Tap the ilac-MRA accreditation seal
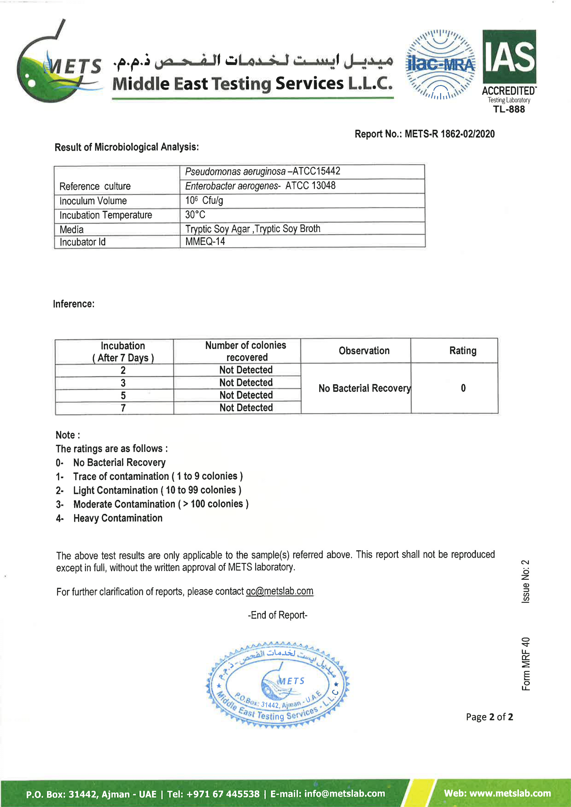tap(440, 64)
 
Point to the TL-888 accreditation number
tap(509, 109)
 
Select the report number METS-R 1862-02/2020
tap(424, 134)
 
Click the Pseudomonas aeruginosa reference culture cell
tap(262, 172)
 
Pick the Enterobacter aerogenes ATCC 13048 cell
tap(260, 186)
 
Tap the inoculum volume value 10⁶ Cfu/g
tap(204, 201)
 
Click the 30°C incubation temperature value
tap(195, 215)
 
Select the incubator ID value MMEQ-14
tap(205, 242)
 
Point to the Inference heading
tap(74, 304)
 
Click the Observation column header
tap(364, 351)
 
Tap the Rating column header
tap(463, 351)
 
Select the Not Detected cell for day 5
tap(246, 395)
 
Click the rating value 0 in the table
tap(463, 388)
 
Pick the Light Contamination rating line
tap(156, 490)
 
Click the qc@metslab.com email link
tap(279, 591)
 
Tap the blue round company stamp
tap(278, 686)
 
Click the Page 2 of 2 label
tap(489, 717)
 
